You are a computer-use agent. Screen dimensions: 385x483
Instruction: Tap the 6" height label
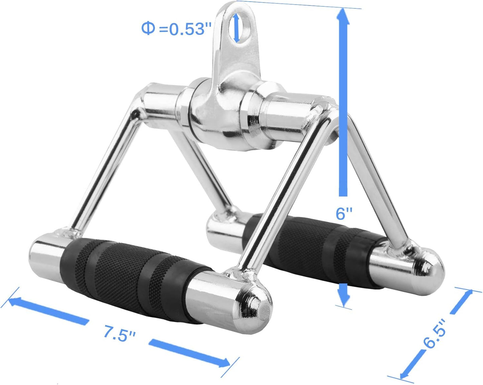click(344, 213)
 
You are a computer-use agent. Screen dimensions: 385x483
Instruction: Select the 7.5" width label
click(119, 334)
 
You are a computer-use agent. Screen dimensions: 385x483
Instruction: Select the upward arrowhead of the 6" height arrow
click(343, 17)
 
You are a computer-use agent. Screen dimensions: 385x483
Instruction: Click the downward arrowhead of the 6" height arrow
click(344, 296)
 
